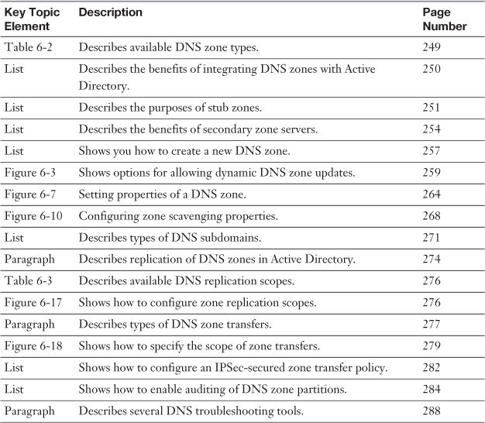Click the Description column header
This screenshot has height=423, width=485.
click(x=111, y=12)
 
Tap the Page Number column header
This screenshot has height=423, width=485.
click(x=445, y=19)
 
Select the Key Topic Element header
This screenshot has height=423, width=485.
click(x=32, y=19)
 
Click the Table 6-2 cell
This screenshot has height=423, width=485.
click(x=28, y=47)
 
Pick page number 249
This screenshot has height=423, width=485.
click(x=432, y=47)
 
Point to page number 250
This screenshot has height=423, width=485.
click(x=432, y=69)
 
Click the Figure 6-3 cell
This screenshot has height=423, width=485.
click(x=30, y=173)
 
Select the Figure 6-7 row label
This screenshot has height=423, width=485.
click(x=30, y=194)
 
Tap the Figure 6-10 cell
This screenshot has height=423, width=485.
click(x=33, y=216)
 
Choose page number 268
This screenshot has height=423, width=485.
click(x=432, y=216)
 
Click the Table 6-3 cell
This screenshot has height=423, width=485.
click(x=28, y=280)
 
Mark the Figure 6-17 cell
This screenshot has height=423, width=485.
click(x=33, y=302)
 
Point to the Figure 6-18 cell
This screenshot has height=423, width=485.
click(x=33, y=346)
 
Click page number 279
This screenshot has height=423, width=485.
click(x=432, y=346)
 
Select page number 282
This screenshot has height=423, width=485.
click(x=432, y=367)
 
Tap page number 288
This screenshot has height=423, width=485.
click(x=432, y=411)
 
